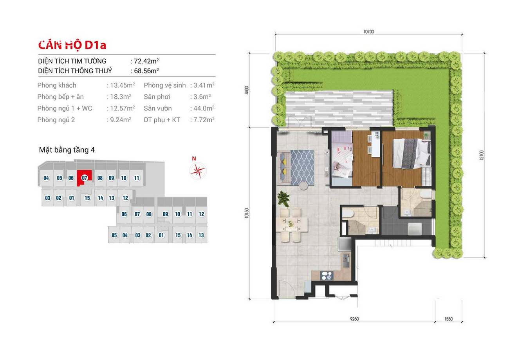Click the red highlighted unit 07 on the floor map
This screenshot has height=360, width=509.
pyautogui.click(x=84, y=178)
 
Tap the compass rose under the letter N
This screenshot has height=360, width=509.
pyautogui.click(x=198, y=171)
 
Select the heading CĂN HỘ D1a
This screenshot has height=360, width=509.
pyautogui.click(x=72, y=45)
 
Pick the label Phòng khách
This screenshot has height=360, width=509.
pyautogui.click(x=57, y=85)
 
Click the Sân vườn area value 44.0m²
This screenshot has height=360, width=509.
pyautogui.click(x=204, y=109)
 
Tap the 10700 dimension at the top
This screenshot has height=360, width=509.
pyautogui.click(x=368, y=32)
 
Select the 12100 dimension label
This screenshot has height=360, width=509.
pyautogui.click(x=481, y=155)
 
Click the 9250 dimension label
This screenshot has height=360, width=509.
pyautogui.click(x=354, y=319)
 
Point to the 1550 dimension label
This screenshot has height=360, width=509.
pyautogui.click(x=448, y=319)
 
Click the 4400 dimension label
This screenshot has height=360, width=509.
pyautogui.click(x=247, y=90)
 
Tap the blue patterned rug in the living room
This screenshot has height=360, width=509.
pyautogui.click(x=302, y=167)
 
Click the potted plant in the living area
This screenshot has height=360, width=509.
pyautogui.click(x=283, y=198)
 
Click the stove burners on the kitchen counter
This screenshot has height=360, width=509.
pyautogui.click(x=327, y=276)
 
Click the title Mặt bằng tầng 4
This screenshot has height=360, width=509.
pyautogui.click(x=67, y=150)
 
